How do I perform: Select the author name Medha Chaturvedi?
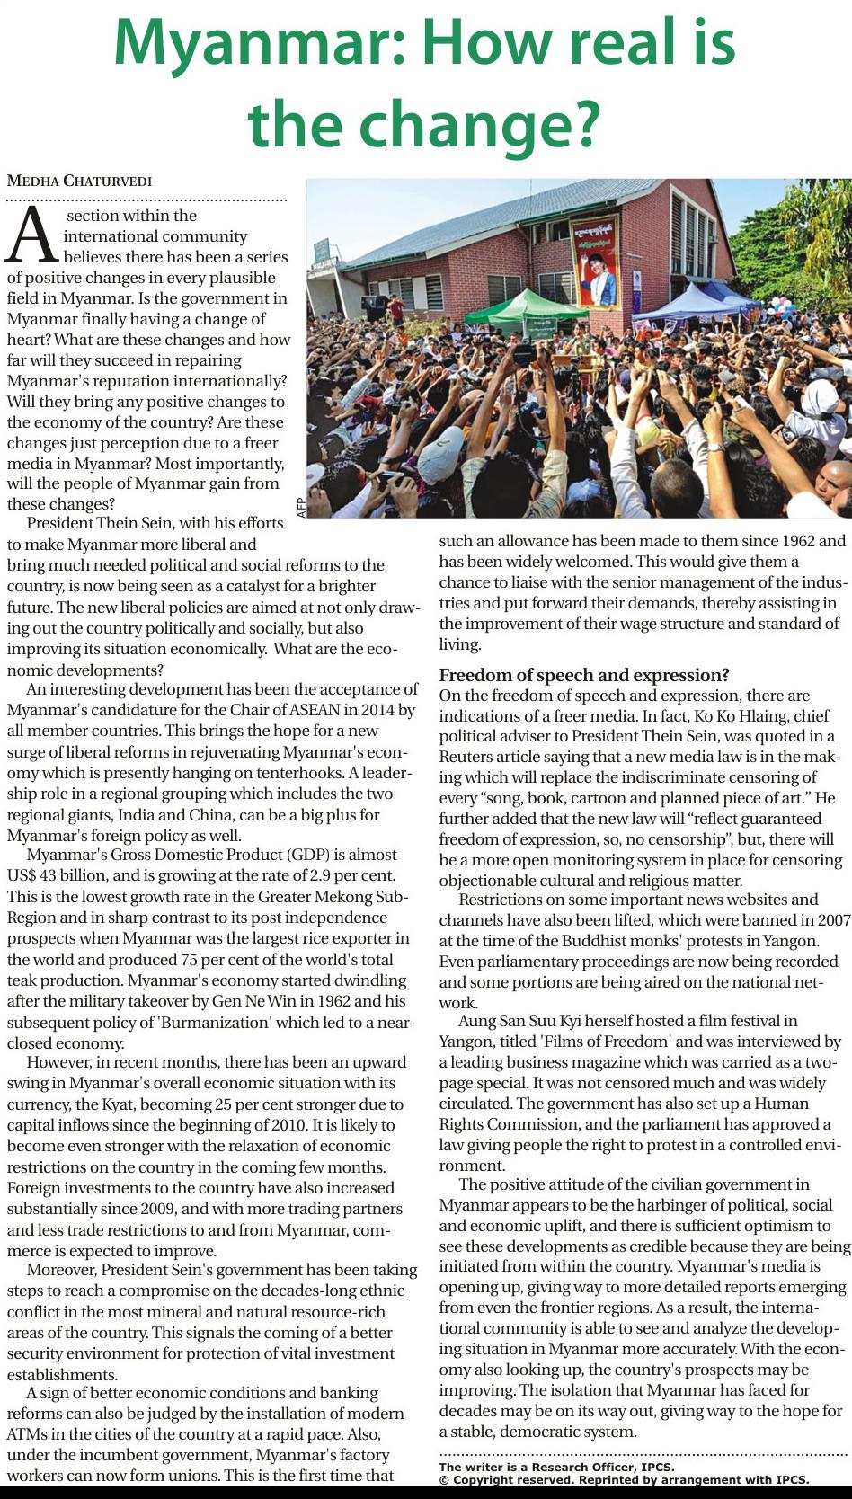pos(80,181)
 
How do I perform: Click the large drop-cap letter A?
pos(33,236)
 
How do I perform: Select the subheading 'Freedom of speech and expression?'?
pos(584,675)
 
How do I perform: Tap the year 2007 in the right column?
pos(834,919)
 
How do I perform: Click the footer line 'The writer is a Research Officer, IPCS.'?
pos(556,1467)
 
